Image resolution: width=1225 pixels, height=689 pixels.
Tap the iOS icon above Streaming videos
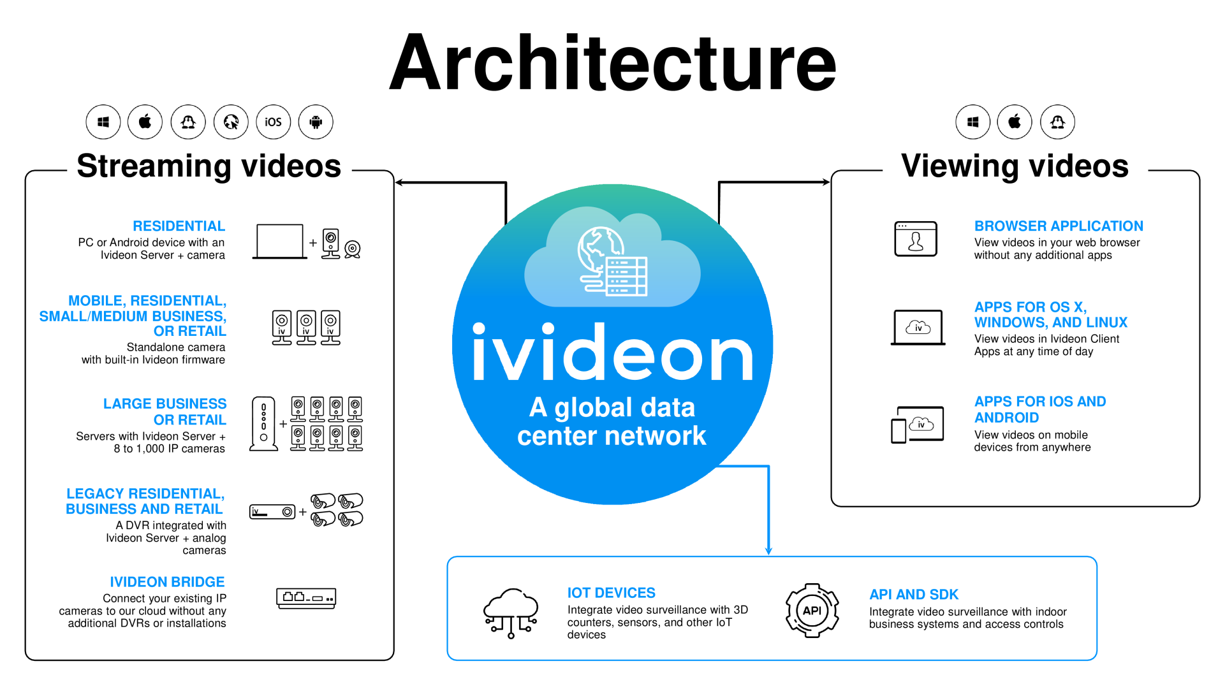click(x=273, y=122)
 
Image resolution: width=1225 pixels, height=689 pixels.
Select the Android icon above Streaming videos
click(x=316, y=122)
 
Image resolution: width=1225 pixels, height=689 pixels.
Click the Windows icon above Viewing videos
click(x=972, y=122)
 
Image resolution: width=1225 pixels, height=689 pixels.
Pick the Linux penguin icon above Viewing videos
click(x=1057, y=122)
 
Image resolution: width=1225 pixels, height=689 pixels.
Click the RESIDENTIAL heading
click(x=179, y=226)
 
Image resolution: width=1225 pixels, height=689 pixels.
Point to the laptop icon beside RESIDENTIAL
click(x=279, y=242)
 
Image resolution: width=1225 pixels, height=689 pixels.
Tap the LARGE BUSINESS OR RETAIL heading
click(x=165, y=412)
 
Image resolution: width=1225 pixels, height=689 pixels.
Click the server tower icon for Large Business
click(x=263, y=424)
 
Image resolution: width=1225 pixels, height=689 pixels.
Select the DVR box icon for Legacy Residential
click(x=272, y=512)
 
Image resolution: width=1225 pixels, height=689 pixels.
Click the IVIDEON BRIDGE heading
click(x=167, y=582)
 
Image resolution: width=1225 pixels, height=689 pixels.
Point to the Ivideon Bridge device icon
click(x=306, y=598)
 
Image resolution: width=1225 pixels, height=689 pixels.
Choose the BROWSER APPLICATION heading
click(x=1059, y=226)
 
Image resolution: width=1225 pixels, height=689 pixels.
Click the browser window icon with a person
click(x=916, y=239)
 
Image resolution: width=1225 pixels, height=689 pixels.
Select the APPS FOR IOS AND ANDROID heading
click(x=1039, y=409)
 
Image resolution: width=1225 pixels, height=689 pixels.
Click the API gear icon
click(x=812, y=611)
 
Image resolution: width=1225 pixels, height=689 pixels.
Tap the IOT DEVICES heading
click(x=611, y=593)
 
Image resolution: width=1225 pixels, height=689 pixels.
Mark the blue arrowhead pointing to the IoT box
click(x=768, y=550)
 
